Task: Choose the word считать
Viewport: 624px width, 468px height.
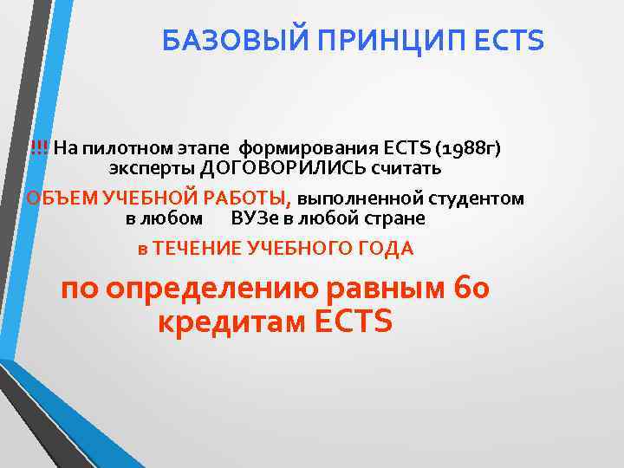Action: [x=412, y=166]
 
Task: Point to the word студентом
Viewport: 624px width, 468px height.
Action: [x=478, y=198]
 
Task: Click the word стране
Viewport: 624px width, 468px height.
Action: [x=395, y=218]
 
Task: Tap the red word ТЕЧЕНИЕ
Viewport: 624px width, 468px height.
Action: [x=197, y=249]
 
